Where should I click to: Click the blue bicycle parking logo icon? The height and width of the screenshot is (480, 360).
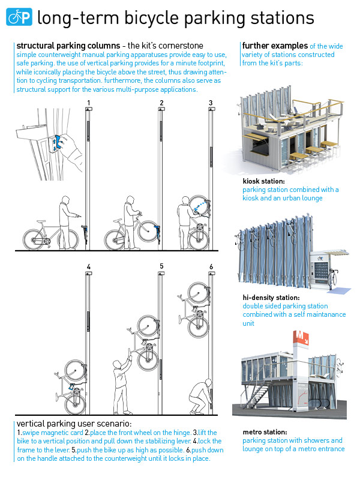tap(19, 17)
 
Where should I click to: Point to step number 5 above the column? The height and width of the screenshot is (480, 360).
tap(161, 266)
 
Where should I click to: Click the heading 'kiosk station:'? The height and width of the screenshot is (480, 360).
tap(263, 181)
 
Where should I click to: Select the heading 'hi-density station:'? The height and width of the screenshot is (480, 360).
tap(271, 297)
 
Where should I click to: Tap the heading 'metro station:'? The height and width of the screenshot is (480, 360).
tap(265, 431)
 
